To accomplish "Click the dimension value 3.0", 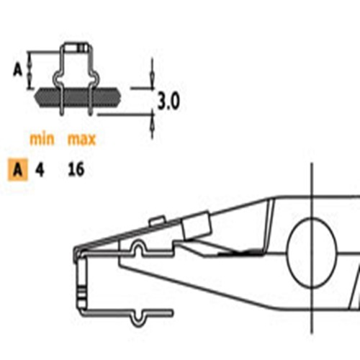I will [x=168, y=100].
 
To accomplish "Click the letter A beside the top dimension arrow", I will [x=17, y=69].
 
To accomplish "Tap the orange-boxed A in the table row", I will [x=17, y=171].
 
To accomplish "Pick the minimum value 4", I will [x=40, y=171].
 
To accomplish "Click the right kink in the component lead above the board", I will [x=94, y=78].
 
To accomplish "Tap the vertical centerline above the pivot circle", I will [x=312, y=191].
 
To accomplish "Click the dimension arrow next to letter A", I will [x=30, y=69].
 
